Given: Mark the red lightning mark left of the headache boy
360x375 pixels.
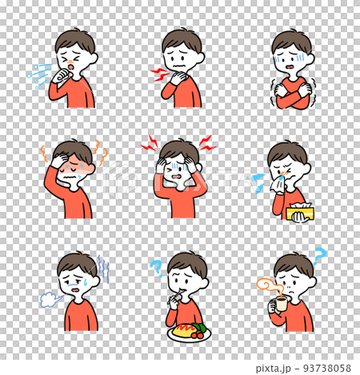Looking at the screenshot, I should coord(148,145).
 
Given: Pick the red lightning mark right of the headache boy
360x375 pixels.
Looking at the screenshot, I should coord(208,144).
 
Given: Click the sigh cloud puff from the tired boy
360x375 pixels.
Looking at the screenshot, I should coord(50,299).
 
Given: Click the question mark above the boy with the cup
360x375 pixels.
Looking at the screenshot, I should coord(319,256).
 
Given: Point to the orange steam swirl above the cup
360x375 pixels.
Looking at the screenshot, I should coord(266,285).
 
